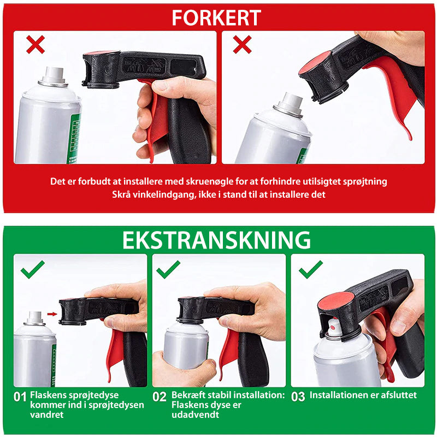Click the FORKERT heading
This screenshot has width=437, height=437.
point(216,17)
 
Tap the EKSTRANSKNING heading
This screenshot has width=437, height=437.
point(216,240)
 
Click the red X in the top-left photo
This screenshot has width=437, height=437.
point(36,44)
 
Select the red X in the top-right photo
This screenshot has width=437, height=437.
point(242,44)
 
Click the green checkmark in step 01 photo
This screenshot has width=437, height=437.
point(33,269)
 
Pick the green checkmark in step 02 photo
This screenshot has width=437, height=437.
point(168,269)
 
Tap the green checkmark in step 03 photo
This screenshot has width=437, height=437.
point(311,269)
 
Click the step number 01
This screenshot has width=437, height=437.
point(20,397)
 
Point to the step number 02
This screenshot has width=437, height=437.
point(160,397)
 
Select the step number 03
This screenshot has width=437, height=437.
point(298,397)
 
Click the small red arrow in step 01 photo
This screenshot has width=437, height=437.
point(52,314)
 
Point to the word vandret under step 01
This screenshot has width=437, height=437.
point(47,415)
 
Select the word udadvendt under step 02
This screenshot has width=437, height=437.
point(196,415)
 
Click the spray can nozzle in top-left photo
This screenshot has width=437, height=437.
point(54,75)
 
